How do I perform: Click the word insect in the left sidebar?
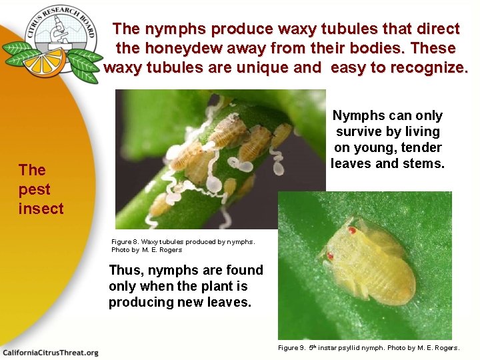41,209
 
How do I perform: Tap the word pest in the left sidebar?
35,189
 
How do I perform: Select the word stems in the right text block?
423,163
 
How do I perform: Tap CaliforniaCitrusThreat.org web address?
50,352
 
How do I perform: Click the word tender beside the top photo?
419,147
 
